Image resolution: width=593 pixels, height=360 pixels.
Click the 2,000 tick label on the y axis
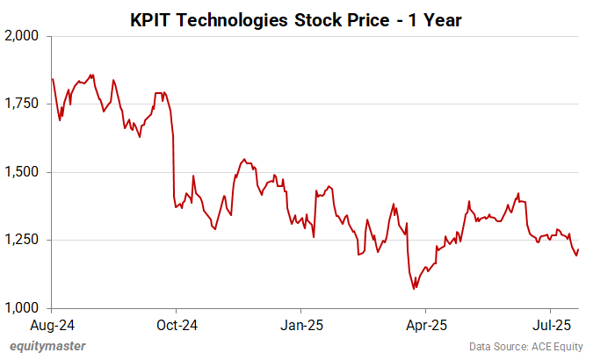(22, 36)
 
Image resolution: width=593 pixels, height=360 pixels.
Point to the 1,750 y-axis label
(22, 104)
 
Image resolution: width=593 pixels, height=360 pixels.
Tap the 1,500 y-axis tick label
(22, 172)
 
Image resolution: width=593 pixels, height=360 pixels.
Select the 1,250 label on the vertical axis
(22, 240)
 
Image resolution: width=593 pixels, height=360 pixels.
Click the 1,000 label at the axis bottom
(22, 307)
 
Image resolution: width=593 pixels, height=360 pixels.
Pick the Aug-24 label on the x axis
(52, 324)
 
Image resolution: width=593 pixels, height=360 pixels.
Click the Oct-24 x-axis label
(176, 324)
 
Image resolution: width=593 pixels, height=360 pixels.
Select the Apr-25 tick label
(425, 324)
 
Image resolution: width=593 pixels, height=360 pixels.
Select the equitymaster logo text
(48, 346)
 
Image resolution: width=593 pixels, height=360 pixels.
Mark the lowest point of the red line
(414, 289)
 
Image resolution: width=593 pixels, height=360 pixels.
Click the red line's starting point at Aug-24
(53, 79)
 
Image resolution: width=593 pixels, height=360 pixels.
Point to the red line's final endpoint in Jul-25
(579, 249)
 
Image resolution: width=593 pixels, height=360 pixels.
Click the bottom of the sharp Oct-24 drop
(176, 208)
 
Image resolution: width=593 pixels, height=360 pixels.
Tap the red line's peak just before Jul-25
(518, 193)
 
